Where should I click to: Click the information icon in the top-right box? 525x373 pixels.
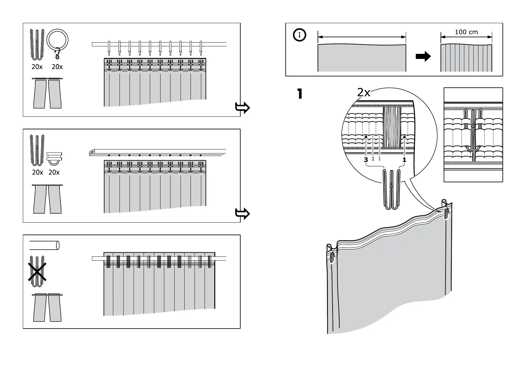pos(299,35)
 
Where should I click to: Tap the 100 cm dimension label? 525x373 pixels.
pos(466,32)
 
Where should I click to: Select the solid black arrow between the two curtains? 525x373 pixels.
pos(423,56)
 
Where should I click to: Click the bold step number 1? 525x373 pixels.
pos(299,94)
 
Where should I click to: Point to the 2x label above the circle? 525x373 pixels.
pos(364,93)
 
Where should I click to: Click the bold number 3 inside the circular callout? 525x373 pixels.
pos(366,160)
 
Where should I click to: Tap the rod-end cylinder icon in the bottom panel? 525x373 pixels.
pos(44,246)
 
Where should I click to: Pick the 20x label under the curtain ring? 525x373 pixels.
pos(57,67)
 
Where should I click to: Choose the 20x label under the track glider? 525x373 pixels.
pos(54,173)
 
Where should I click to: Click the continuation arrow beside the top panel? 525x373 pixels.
pos(242,108)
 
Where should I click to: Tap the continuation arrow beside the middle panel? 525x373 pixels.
pos(242,214)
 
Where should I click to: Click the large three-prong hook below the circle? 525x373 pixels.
pos(391,189)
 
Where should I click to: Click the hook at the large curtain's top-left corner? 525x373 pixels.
pos(332,257)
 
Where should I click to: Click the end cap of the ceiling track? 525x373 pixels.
pos(92,153)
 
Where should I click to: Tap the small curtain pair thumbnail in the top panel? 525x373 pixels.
pos(47,93)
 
